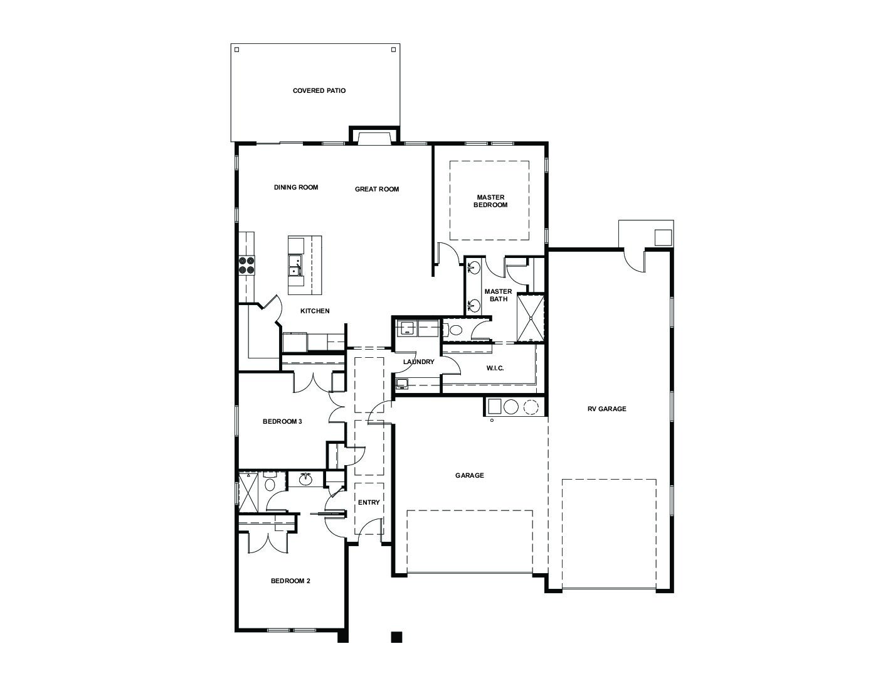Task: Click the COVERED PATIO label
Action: click(x=319, y=91)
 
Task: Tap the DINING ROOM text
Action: click(x=296, y=188)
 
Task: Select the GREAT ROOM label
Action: click(x=377, y=189)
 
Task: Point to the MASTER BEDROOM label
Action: click(x=490, y=201)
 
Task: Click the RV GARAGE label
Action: click(x=606, y=409)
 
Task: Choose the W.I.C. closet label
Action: click(x=495, y=368)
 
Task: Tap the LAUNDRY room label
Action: click(x=418, y=362)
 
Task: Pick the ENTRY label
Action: click(x=369, y=502)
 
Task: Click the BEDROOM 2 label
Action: click(x=290, y=581)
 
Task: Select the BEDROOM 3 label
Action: click(x=282, y=421)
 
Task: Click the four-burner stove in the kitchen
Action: click(x=246, y=265)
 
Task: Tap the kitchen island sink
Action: click(x=295, y=265)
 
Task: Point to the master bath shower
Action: click(x=531, y=318)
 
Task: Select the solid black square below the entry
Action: click(x=396, y=637)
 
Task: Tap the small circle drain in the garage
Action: click(x=492, y=420)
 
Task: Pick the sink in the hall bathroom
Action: click(x=305, y=480)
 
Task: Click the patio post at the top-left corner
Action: click(x=237, y=50)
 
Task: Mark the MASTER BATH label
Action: click(x=498, y=295)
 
